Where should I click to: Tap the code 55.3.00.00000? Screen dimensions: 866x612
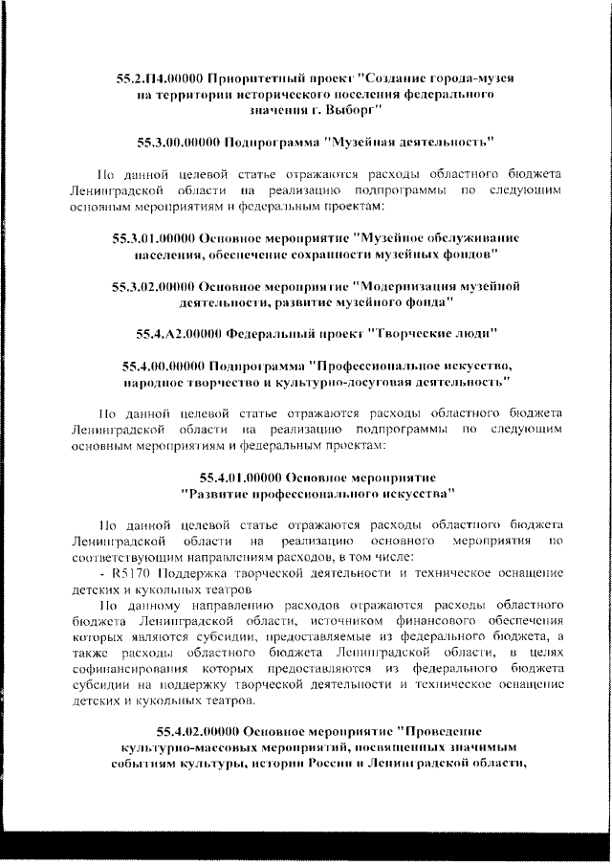point(178,144)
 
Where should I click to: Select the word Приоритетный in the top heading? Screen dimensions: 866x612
point(251,78)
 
